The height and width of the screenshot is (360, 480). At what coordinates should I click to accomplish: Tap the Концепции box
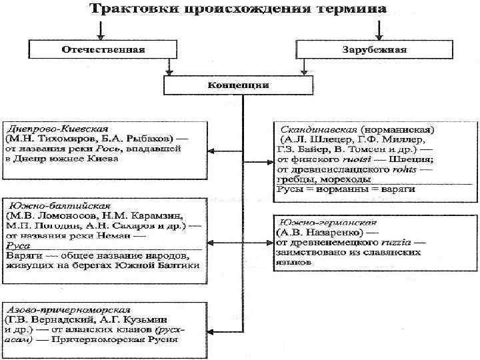239,85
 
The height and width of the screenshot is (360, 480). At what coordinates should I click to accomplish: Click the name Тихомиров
63,139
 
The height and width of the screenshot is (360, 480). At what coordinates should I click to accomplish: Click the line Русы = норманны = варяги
346,190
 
